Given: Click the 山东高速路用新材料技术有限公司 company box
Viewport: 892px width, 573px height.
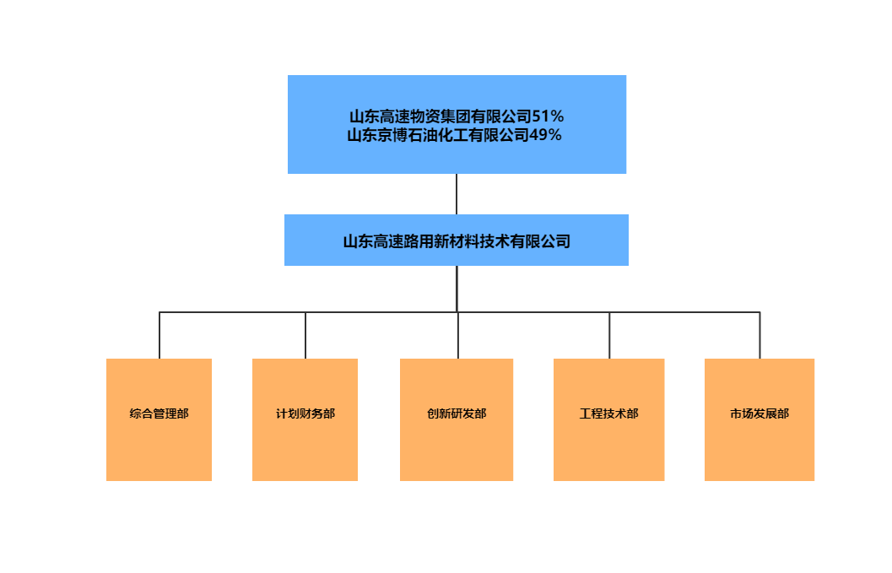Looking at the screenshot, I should coord(457,241).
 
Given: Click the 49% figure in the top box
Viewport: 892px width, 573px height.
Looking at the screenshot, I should coord(545,134).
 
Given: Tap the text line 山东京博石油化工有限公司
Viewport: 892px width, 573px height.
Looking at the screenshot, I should coord(437,134).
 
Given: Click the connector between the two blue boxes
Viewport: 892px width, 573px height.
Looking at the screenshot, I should coord(457,194).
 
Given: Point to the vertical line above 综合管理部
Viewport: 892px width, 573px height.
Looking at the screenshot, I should coord(159,336).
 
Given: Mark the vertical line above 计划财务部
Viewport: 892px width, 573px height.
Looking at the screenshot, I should coord(305,336).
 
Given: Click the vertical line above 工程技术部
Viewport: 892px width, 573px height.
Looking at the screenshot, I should coord(609,336).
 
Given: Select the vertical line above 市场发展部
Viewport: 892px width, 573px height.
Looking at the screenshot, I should coord(760,336).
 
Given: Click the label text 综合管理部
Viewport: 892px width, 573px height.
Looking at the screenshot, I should coord(159,414).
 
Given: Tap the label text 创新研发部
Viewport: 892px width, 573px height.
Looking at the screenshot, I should coord(457,414).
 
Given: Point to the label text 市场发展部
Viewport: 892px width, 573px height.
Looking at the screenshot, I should coord(760,414).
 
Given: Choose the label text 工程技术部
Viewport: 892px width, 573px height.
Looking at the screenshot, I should coord(608,414).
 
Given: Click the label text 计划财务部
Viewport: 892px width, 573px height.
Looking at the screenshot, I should coord(305,414).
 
